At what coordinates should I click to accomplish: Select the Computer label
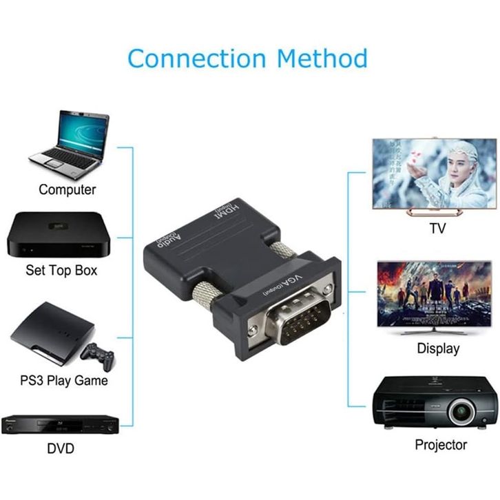coord(67,189)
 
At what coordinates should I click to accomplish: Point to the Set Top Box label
coord(61,270)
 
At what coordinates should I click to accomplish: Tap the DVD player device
coord(60,424)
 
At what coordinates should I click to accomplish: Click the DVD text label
coord(60,449)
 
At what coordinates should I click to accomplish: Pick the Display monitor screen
coord(434,293)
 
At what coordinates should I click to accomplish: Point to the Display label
coord(438,348)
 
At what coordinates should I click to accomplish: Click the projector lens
coord(459,411)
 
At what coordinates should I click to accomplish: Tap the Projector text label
coord(441,445)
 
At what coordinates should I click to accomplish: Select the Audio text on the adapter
coord(169,243)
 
